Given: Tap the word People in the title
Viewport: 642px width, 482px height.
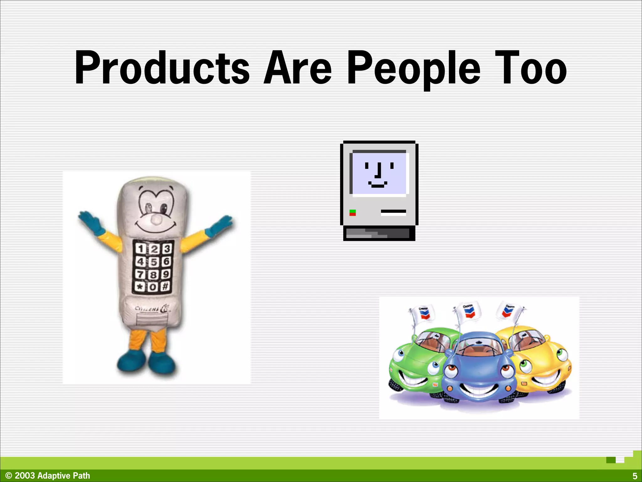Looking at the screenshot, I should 414,68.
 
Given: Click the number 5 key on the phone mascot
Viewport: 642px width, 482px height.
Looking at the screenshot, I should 153,262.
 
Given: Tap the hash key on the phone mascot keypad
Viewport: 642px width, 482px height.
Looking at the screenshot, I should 166,286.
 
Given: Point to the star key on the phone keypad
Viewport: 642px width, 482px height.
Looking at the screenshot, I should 139,287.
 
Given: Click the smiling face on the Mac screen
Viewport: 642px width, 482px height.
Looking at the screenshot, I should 379,174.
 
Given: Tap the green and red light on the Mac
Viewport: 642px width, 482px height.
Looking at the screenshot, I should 353,213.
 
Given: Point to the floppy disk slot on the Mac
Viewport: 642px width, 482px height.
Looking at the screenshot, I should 393,213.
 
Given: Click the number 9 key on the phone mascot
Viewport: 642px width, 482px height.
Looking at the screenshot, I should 166,274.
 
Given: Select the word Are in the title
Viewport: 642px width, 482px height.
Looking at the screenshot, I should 297,68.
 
